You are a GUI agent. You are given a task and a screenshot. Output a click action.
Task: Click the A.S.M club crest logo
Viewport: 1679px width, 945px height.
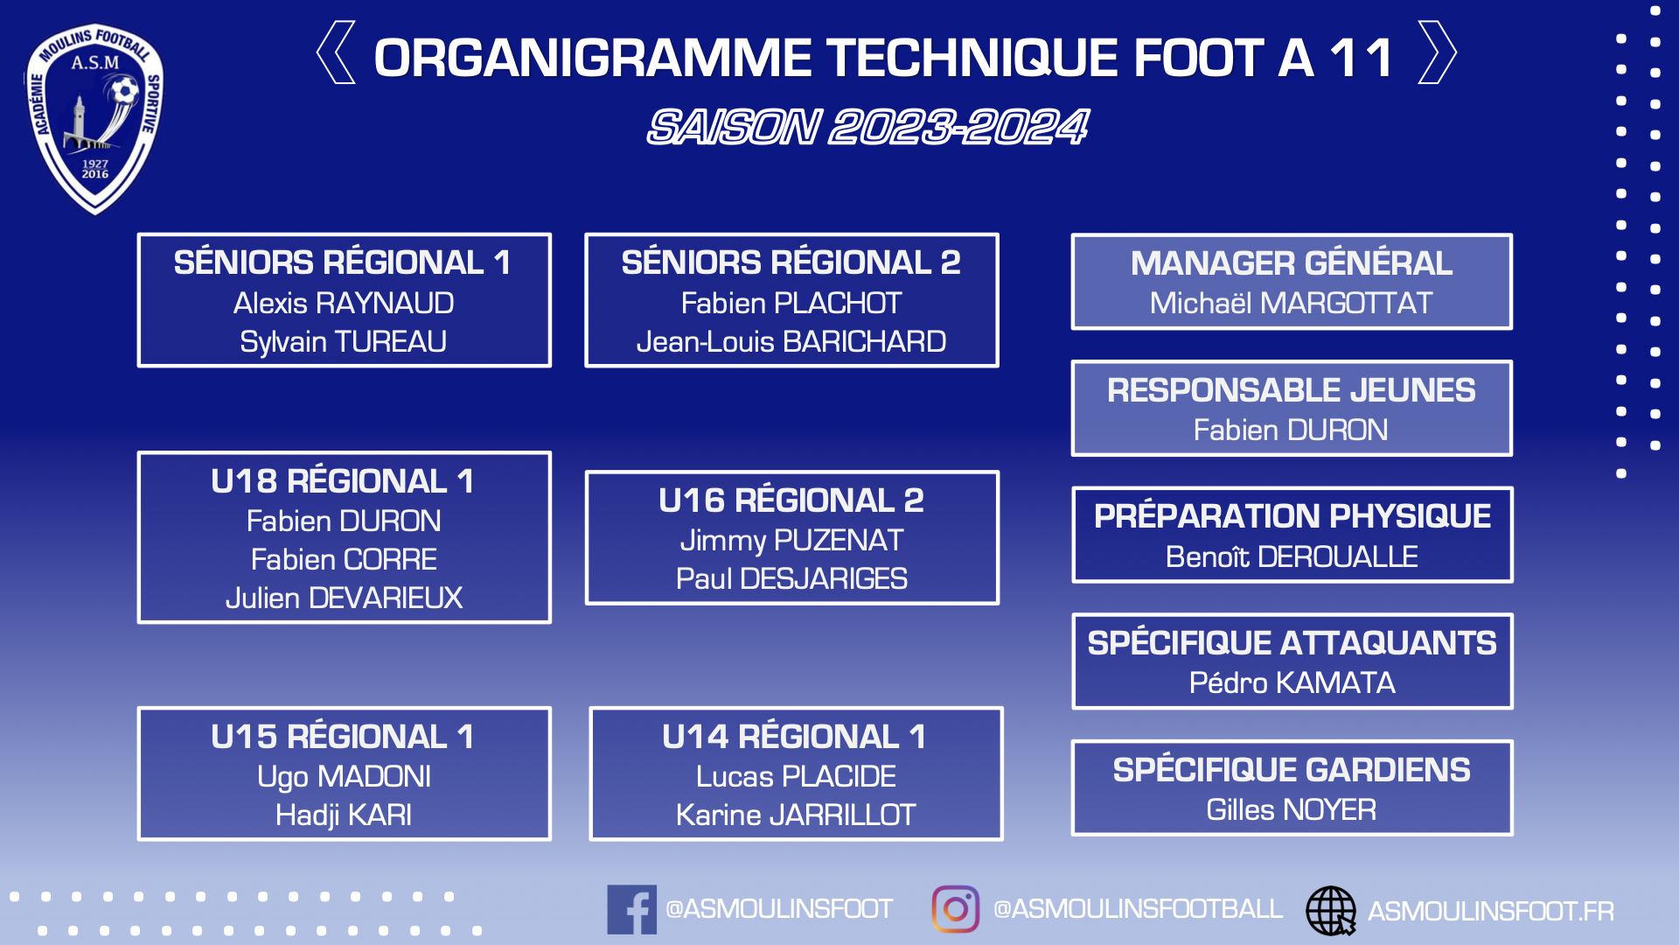[x=94, y=119]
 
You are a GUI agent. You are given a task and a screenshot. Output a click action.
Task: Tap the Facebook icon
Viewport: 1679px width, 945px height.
[x=631, y=909]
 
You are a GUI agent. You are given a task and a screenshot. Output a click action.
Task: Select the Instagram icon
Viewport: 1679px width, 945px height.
[x=955, y=909]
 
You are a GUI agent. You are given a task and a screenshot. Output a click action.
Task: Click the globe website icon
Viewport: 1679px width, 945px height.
[x=1331, y=910]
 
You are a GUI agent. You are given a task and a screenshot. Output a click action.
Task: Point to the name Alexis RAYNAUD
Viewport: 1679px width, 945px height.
[x=344, y=303]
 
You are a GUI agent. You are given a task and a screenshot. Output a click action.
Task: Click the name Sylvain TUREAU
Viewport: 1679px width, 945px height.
[x=344, y=341]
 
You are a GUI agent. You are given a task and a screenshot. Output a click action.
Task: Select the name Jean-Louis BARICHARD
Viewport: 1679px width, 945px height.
[x=791, y=341]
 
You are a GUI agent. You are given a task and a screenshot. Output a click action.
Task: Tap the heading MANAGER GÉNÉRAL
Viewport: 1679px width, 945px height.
[x=1292, y=262]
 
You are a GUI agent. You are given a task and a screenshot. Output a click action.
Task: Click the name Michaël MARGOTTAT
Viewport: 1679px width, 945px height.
[x=1292, y=303]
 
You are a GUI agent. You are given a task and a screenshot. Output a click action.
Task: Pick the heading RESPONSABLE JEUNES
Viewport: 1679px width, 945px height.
[x=1292, y=389]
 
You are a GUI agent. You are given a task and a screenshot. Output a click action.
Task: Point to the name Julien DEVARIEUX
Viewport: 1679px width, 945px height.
[x=344, y=598]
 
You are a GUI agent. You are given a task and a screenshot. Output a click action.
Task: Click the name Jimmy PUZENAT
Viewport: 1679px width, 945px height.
[x=791, y=541]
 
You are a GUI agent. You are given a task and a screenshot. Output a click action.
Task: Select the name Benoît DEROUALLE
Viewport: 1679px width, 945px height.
[x=1292, y=556]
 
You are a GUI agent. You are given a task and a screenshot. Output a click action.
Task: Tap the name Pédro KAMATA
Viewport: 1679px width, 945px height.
[x=1292, y=682]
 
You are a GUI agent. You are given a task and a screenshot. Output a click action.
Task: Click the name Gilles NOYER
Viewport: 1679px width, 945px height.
[x=1292, y=809]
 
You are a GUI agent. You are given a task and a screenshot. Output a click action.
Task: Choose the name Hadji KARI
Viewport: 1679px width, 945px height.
[x=344, y=815]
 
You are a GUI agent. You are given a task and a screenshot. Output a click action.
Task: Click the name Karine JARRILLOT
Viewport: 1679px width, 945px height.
[x=796, y=815]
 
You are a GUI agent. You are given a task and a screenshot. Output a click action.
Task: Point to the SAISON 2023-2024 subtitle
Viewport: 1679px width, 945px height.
[x=867, y=127]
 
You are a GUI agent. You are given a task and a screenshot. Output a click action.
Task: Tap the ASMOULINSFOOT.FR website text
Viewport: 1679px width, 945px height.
[x=1491, y=911]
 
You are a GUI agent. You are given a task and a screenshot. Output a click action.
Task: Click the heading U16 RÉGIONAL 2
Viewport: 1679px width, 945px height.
[x=791, y=500]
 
